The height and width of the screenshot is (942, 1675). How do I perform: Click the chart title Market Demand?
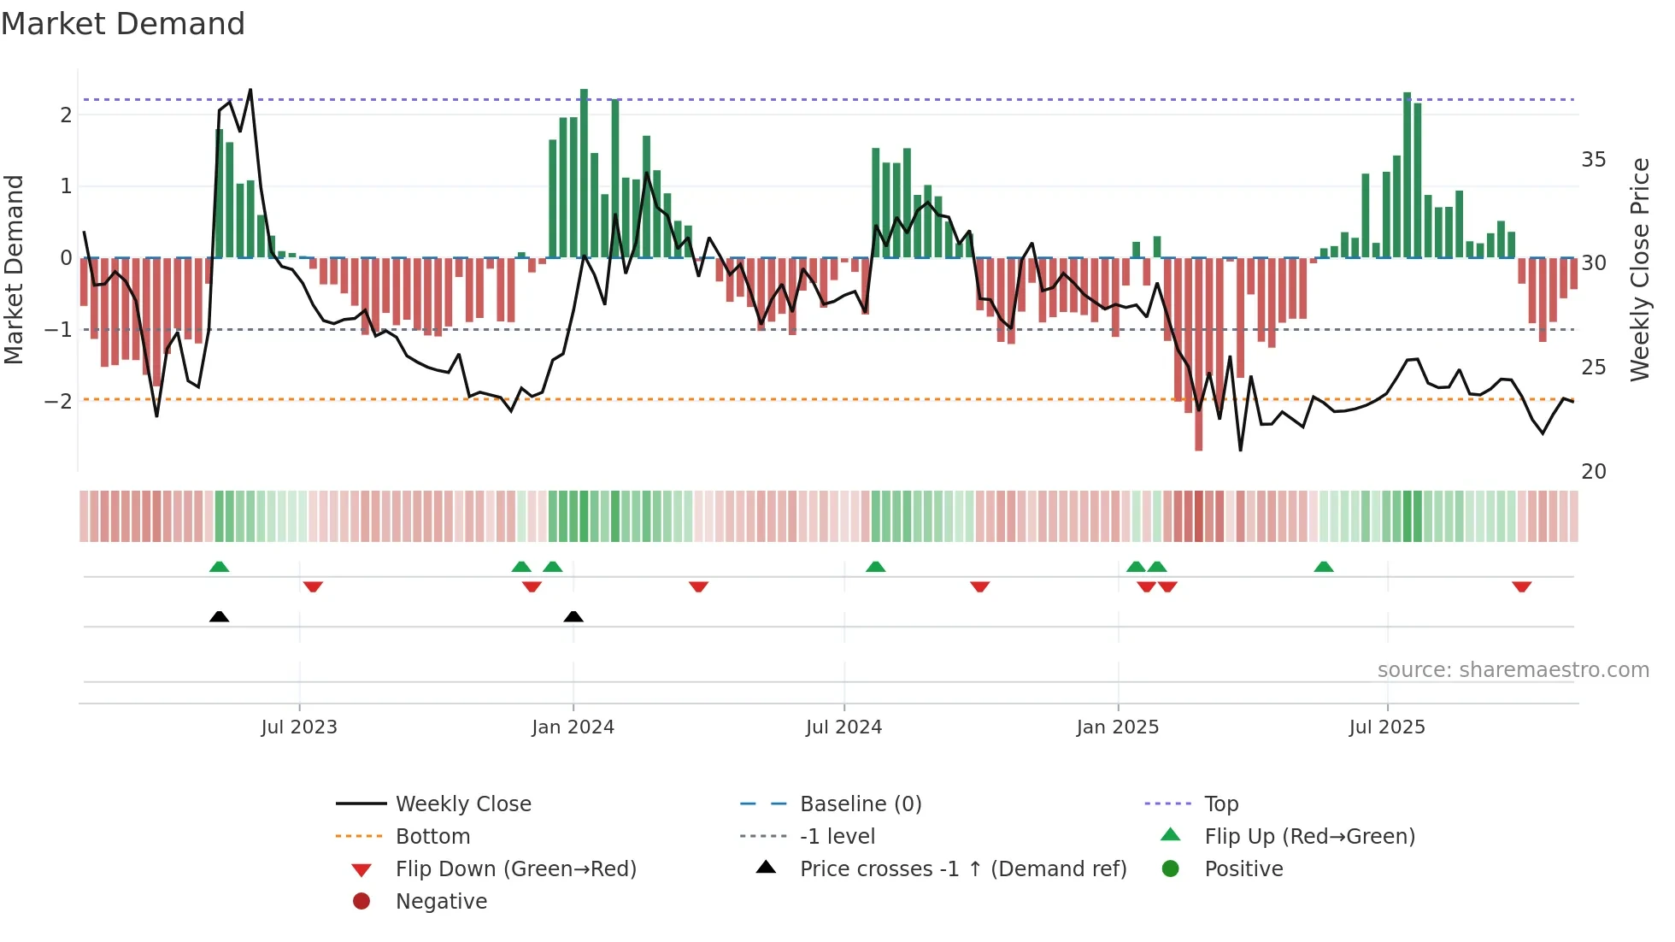(x=123, y=24)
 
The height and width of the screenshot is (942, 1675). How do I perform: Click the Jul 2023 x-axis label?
(x=299, y=727)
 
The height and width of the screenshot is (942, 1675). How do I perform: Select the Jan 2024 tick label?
(x=573, y=727)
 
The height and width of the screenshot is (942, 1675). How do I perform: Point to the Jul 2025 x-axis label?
(x=1387, y=727)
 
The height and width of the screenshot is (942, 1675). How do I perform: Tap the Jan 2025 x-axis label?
(x=1118, y=727)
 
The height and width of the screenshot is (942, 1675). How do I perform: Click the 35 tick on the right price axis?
(x=1593, y=160)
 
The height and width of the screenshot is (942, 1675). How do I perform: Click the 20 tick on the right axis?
(x=1593, y=471)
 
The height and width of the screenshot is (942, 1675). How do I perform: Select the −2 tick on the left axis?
(x=59, y=401)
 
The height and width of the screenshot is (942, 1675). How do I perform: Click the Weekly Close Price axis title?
(x=1639, y=269)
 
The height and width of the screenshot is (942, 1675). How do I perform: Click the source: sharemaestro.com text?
(x=1513, y=670)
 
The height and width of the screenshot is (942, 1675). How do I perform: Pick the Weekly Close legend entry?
(x=462, y=804)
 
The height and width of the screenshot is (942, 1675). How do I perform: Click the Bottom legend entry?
(x=432, y=836)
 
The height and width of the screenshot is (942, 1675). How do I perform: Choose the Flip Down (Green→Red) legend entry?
(x=515, y=868)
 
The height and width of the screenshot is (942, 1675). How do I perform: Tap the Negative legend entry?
(x=441, y=901)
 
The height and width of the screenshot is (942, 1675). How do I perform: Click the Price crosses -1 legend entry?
(x=962, y=868)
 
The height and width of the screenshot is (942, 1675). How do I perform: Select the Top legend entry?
(x=1220, y=804)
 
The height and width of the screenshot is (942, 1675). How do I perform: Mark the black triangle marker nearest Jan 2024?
(x=573, y=616)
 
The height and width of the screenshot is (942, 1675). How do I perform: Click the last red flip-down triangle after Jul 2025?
(x=1521, y=586)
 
